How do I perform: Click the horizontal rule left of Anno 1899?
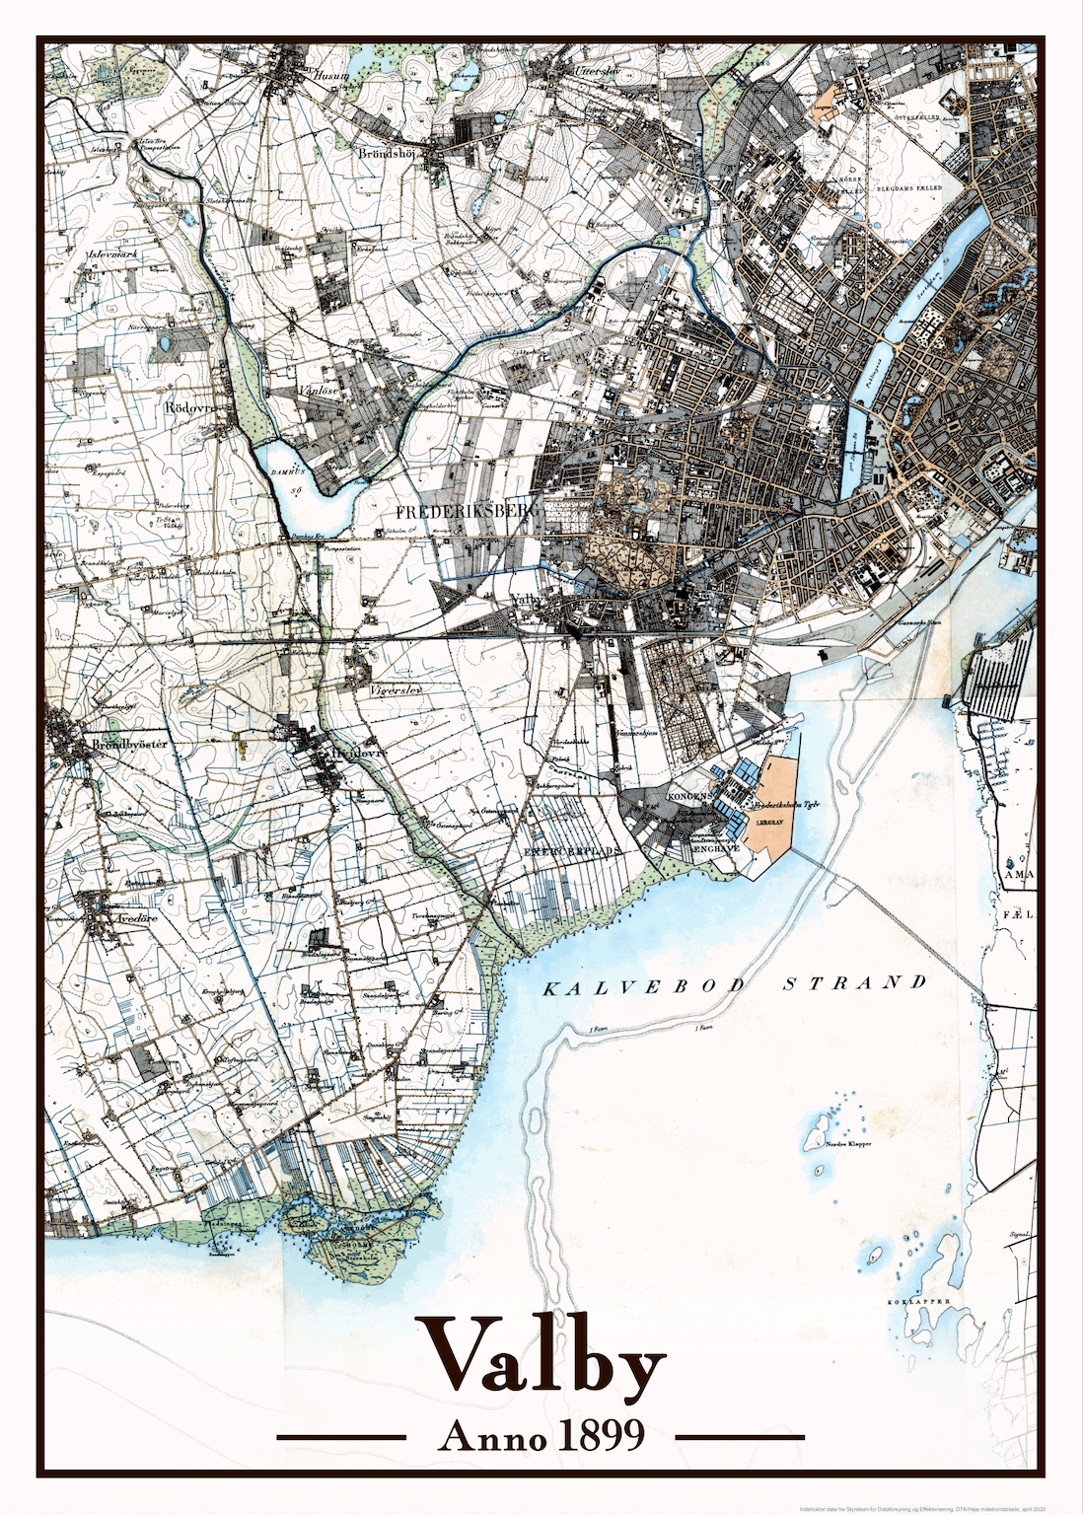pos(341,1437)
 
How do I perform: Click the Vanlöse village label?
pos(318,391)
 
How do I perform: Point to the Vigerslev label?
pos(396,689)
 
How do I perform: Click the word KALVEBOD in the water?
pos(643,987)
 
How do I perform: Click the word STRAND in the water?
pos(854,982)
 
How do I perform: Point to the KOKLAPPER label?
pos(918,1302)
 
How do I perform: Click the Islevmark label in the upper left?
pos(111,253)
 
